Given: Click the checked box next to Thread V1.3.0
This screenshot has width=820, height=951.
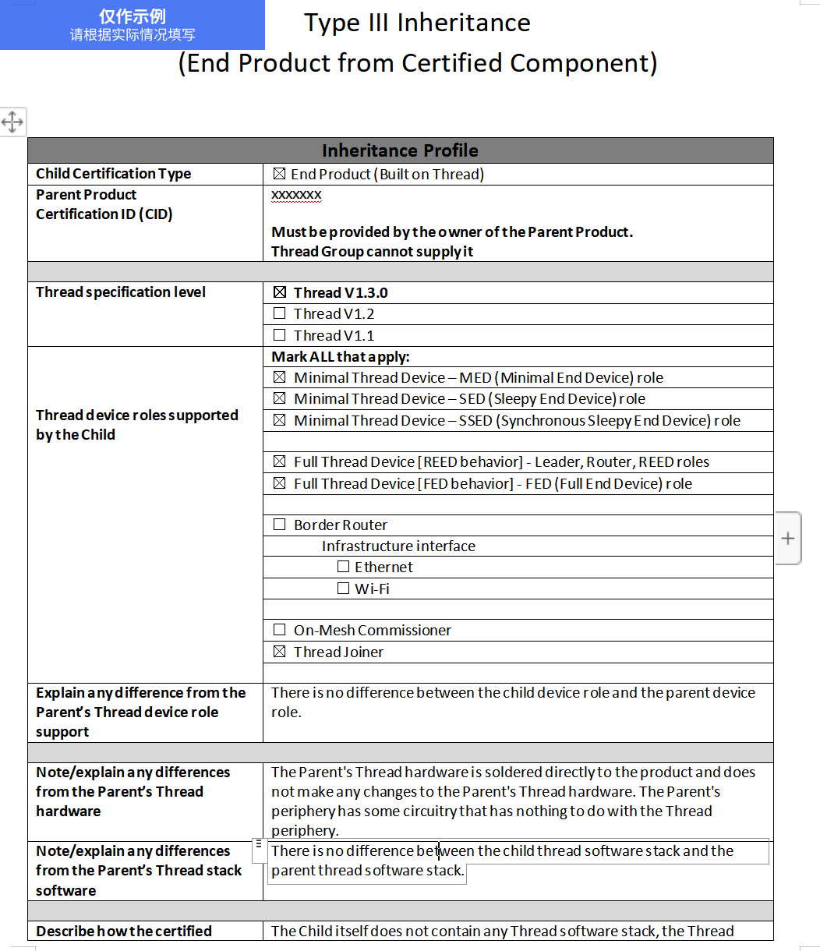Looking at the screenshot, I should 280,292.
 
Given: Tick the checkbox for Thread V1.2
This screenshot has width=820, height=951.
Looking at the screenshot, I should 280,313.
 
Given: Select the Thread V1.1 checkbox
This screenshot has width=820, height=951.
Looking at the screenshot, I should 280,335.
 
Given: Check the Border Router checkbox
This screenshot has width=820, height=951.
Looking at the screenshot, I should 280,525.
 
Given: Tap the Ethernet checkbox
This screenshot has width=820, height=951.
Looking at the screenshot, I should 343,567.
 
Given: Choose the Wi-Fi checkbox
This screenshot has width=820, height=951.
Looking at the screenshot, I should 343,589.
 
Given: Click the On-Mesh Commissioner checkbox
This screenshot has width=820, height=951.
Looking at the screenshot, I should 280,630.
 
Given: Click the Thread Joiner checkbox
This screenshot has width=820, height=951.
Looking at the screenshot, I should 280,652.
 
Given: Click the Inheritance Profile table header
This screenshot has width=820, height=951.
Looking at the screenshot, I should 400,150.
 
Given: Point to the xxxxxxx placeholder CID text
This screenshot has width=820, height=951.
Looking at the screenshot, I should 296,194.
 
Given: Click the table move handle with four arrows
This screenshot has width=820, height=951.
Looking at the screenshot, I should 12,122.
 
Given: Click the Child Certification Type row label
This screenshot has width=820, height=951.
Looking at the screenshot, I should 113,174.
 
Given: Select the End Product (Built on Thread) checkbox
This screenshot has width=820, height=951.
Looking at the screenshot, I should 280,174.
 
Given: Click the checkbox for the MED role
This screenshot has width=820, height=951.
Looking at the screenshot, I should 280,377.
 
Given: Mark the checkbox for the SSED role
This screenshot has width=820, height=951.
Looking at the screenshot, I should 280,420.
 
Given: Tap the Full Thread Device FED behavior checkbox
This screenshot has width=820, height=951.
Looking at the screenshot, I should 280,483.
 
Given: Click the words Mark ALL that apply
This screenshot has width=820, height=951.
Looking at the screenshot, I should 340,357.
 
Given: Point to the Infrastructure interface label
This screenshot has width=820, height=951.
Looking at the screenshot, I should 398,546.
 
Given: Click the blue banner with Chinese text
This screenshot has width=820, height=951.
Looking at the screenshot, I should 133,25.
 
